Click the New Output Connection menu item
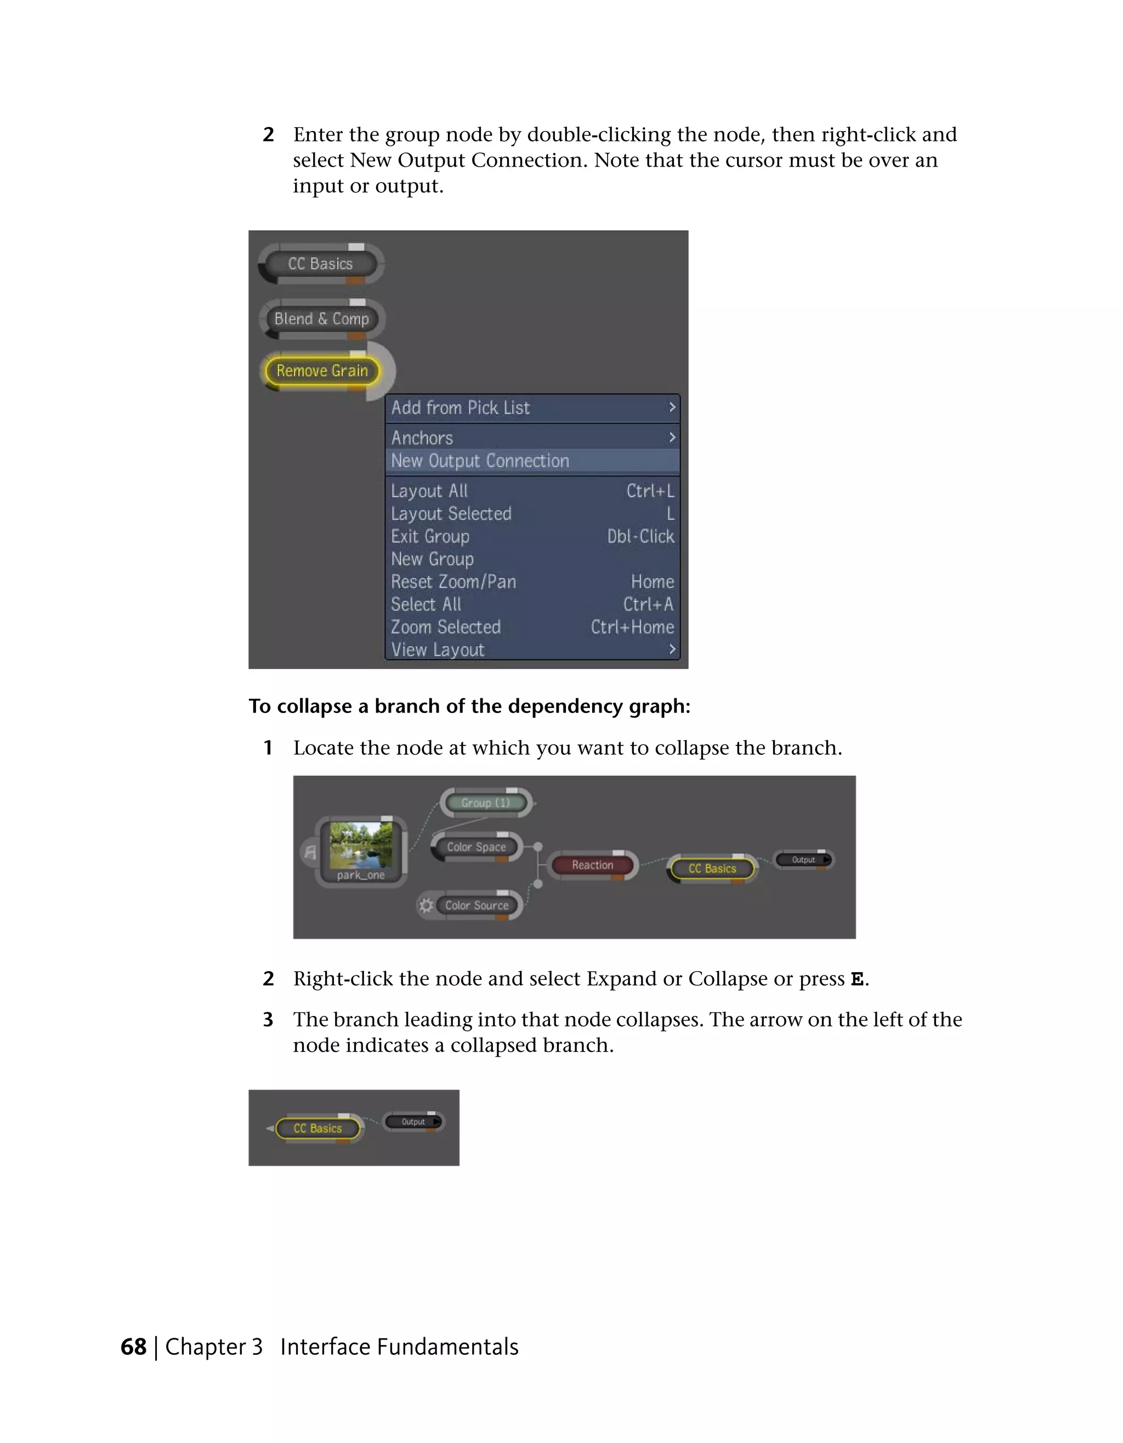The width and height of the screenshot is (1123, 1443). [x=480, y=460]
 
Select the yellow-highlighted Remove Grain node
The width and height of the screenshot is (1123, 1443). [x=322, y=370]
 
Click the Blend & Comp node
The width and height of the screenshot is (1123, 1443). [x=321, y=318]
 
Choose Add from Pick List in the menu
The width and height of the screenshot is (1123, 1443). [x=461, y=408]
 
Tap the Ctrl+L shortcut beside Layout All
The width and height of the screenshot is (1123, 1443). [x=650, y=491]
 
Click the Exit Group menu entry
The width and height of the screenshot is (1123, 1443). [x=430, y=536]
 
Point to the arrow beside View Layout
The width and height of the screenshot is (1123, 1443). [x=672, y=649]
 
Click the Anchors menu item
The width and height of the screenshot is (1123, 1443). [x=422, y=437]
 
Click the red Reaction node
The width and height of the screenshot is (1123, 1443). [x=592, y=865]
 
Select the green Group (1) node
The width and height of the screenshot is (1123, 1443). [x=486, y=803]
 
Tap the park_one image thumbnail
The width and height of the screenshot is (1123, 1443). [x=360, y=845]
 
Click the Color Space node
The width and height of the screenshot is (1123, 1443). [x=476, y=847]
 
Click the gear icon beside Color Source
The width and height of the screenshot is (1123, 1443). [x=426, y=905]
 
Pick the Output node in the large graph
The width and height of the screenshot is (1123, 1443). [x=803, y=859]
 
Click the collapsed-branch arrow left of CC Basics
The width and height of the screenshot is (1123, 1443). [x=270, y=1128]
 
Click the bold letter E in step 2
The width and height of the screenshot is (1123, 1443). [x=857, y=979]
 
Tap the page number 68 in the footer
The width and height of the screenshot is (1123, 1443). [x=133, y=1347]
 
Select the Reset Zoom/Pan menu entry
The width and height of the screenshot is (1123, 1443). [x=453, y=581]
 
